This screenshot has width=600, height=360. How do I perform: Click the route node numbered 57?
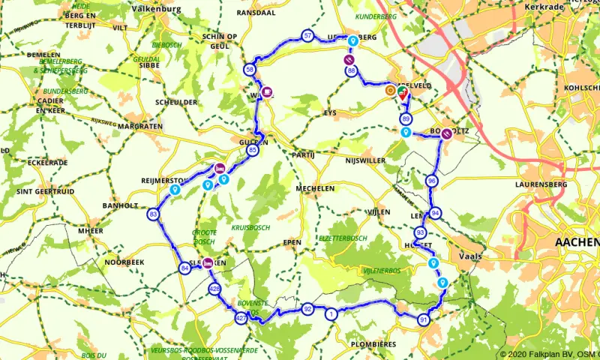[x=308, y=36]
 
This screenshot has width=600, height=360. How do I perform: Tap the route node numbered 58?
[x=250, y=70]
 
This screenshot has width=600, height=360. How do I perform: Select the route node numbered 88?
[x=351, y=71]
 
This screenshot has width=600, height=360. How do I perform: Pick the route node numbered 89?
[x=406, y=119]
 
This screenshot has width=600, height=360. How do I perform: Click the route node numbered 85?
[x=253, y=151]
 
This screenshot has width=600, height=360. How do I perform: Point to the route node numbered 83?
[x=153, y=214]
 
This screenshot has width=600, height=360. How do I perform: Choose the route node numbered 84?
[x=184, y=268]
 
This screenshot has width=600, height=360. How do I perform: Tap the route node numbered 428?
[x=215, y=289]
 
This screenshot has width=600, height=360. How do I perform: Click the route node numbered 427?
[x=240, y=319]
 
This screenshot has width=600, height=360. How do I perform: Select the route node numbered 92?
[x=307, y=309]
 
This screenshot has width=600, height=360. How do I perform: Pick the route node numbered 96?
[x=431, y=181]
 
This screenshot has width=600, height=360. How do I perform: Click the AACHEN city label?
[x=576, y=242]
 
